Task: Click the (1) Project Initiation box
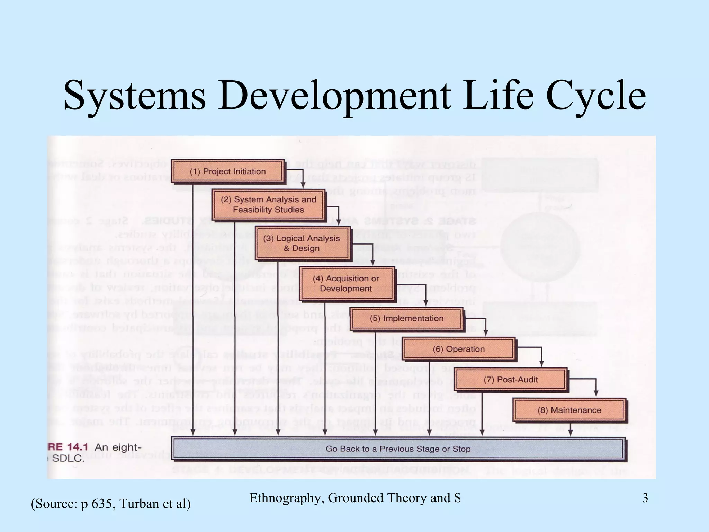pos(228,171)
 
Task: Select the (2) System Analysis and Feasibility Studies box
pos(269,205)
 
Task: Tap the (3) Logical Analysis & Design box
pos(302,243)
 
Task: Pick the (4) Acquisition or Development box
pos(346,284)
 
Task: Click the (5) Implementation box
pos(406,318)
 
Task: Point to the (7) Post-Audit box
pos(511,380)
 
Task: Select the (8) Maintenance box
pos(569,410)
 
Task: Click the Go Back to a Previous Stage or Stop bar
pos(398,449)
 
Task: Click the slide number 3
pos(645,498)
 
